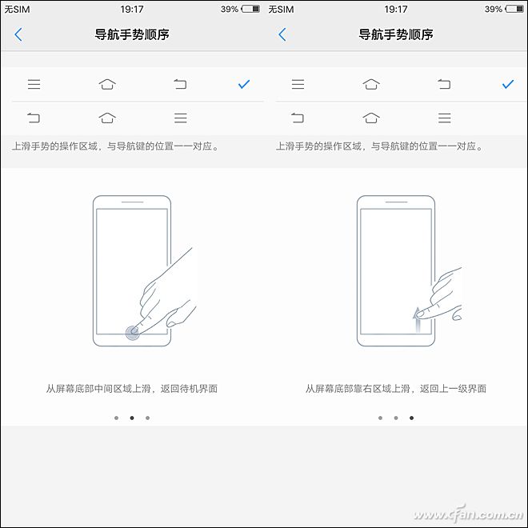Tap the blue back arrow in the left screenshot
tap(18, 34)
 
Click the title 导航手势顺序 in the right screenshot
tap(396, 34)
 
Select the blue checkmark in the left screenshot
tap(244, 84)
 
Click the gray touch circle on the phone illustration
tap(133, 333)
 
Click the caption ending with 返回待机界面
tap(132, 389)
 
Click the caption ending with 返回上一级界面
tap(396, 389)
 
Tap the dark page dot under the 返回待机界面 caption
tap(131, 418)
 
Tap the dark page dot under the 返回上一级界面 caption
tap(412, 418)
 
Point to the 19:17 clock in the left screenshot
tap(132, 10)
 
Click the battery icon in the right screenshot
tap(514, 10)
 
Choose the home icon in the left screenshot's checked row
tap(107, 84)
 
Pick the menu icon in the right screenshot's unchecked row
tap(445, 118)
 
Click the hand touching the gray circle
tap(168, 296)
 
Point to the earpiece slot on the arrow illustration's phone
tap(396, 202)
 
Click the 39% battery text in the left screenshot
tap(230, 10)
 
